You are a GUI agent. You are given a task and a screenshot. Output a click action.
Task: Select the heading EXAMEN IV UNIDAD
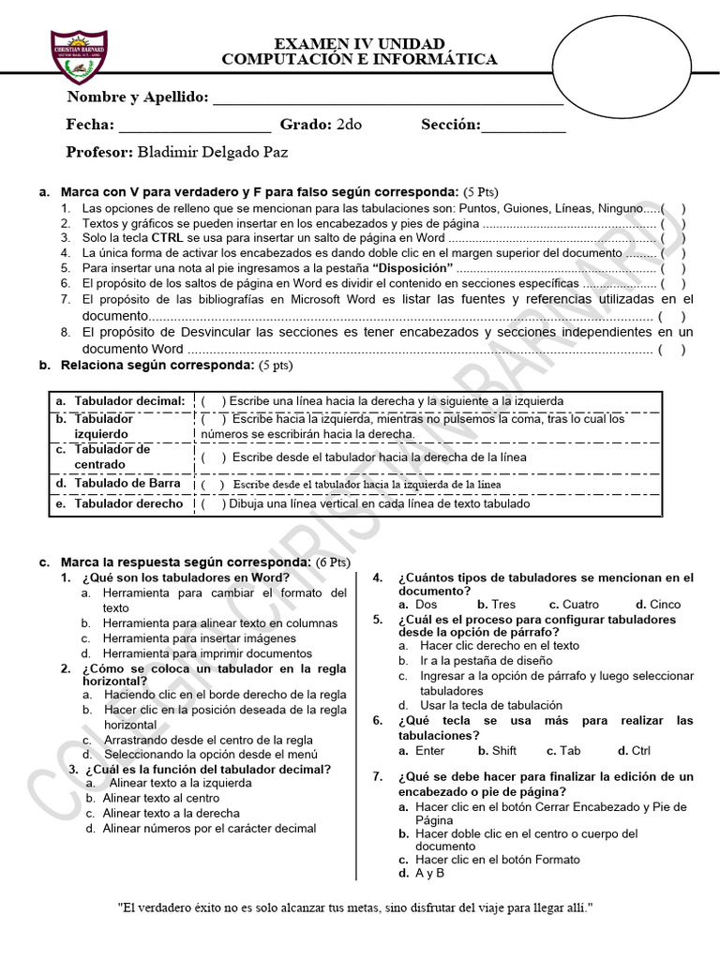[x=359, y=45]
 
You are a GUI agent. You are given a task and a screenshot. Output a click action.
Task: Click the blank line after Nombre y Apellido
[x=388, y=98]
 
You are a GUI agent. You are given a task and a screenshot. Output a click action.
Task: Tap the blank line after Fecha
[x=194, y=126]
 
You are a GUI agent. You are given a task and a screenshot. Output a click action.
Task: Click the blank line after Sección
[x=523, y=126]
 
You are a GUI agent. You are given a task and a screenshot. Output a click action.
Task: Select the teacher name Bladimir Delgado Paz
[x=212, y=152]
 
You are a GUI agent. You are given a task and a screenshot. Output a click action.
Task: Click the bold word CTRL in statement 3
[x=167, y=238]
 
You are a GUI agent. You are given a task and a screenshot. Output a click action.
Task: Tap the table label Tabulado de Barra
[x=127, y=483]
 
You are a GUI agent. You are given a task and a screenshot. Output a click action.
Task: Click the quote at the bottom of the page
[x=356, y=908]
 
